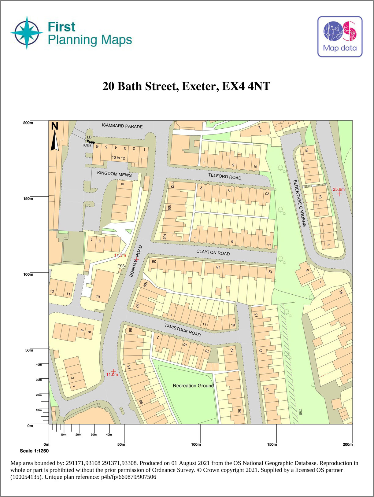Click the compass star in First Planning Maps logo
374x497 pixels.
coord(27,33)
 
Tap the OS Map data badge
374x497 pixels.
coord(340,37)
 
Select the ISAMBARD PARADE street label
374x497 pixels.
coord(122,126)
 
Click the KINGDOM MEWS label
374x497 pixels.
coord(114,174)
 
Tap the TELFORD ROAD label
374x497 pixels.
coord(225,176)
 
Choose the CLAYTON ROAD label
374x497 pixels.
coord(213,252)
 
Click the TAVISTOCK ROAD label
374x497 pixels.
coord(183,330)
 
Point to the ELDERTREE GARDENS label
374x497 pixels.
coord(300,203)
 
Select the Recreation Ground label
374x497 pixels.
coord(193,386)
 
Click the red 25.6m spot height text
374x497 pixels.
coord(339,190)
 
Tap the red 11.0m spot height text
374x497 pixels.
coord(112,374)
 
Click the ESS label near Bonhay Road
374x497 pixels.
coord(121,266)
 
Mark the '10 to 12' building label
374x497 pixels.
coord(118,158)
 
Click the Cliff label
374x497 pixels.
coord(300,412)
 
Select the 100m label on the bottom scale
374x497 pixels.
coord(196,444)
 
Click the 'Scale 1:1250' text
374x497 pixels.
coord(34,451)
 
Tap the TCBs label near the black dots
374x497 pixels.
coord(86,145)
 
